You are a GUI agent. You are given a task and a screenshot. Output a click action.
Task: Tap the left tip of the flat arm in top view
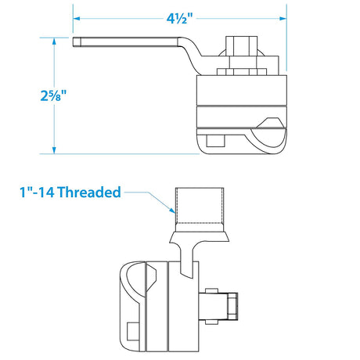coord(77,41)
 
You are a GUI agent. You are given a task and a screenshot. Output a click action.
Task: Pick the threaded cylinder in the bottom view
coord(203,204)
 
